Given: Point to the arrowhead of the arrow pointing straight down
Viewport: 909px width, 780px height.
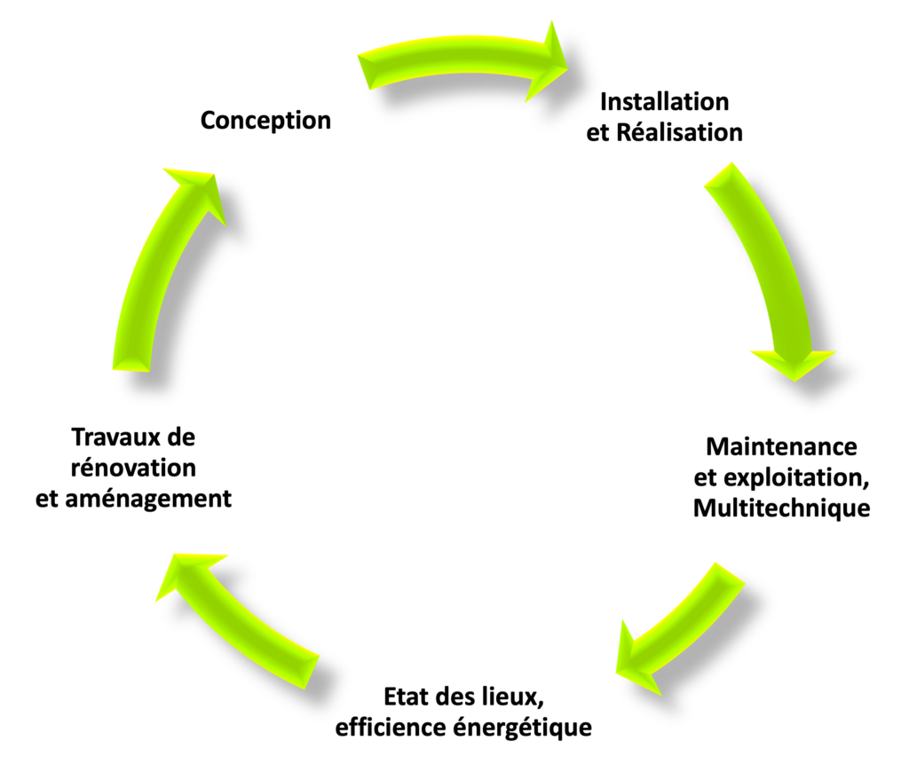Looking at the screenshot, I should point(794,362).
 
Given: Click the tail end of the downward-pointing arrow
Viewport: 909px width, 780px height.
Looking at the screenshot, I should point(718,175).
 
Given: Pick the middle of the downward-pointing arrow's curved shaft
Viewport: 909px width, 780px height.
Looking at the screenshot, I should point(774,257).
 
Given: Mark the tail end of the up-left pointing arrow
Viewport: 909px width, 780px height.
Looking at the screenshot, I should point(312,672).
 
